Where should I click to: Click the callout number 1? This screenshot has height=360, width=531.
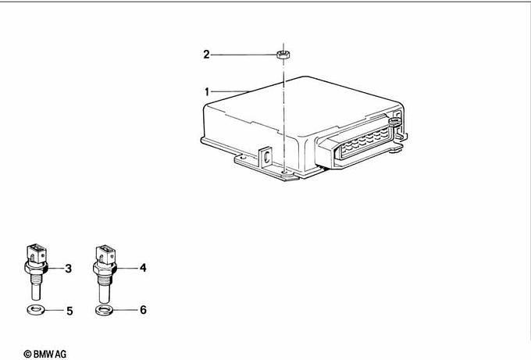(207, 92)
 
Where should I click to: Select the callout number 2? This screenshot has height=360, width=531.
(207, 55)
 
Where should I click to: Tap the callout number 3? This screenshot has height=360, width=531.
(69, 269)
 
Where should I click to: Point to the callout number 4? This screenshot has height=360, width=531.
(143, 268)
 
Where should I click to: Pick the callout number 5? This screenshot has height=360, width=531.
(69, 311)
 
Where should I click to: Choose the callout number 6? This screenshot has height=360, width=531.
(143, 310)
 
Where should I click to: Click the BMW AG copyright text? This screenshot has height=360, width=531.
(45, 355)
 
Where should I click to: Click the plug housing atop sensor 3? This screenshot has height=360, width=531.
(36, 254)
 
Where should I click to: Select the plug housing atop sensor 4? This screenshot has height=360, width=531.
(105, 254)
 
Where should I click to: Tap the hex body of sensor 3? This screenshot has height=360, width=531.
(37, 268)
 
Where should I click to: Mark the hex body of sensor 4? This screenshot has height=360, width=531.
(105, 268)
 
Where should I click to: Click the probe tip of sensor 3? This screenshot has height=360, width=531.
(36, 293)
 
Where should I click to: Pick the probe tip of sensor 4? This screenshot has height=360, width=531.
(105, 294)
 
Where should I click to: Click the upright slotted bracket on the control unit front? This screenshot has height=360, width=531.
(266, 157)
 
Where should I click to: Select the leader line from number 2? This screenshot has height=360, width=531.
(244, 55)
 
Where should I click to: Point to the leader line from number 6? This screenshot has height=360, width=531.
(127, 310)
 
